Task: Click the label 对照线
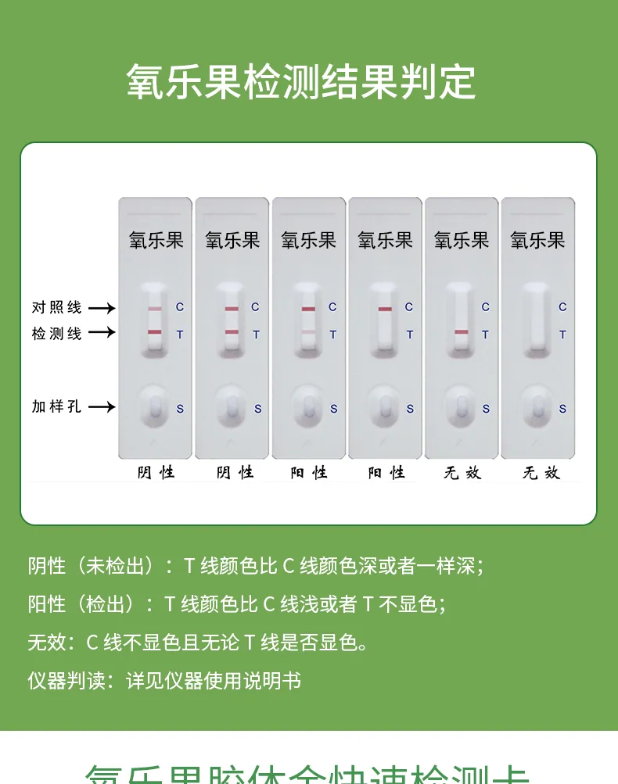coord(56,308)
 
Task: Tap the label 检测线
coord(56,334)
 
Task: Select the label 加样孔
coord(56,406)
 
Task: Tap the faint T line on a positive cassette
coord(308,333)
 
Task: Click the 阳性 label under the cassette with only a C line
coord(386,472)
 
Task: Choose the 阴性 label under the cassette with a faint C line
coord(156,472)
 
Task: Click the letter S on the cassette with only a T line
coord(486,409)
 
